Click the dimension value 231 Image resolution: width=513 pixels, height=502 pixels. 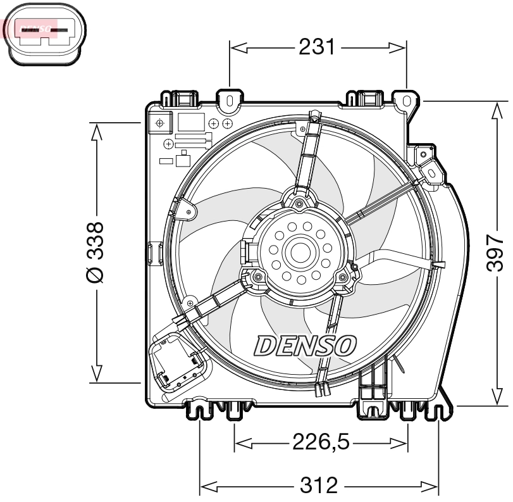point(316,47)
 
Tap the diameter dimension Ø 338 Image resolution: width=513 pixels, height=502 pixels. point(95,253)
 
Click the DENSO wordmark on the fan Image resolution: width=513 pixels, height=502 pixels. point(306,346)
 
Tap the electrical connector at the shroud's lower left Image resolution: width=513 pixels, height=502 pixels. point(177,364)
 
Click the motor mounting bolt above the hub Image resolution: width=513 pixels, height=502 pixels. point(299,203)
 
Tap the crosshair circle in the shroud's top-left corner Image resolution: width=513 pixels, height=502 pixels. point(160,122)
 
